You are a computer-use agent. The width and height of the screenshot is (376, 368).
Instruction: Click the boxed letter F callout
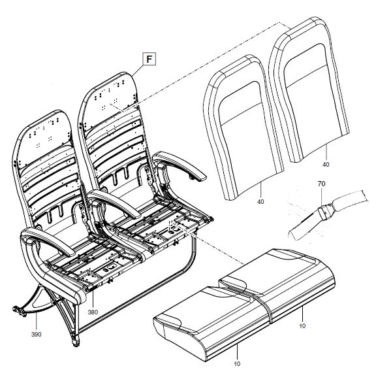click(x=149, y=59)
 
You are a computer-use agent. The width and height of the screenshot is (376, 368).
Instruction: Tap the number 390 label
click(x=36, y=335)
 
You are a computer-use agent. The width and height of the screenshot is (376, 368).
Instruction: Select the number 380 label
click(x=93, y=312)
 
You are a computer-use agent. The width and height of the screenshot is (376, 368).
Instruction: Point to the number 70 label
click(x=321, y=184)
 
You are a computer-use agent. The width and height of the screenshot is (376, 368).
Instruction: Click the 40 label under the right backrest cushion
click(x=326, y=165)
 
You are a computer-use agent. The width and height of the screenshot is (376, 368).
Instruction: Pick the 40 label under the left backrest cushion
click(x=260, y=201)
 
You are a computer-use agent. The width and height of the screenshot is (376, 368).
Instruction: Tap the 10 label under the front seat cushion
click(x=237, y=364)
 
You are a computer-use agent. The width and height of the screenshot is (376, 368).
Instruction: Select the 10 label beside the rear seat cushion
click(x=302, y=326)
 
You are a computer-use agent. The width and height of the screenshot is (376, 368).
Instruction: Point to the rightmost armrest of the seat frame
click(x=180, y=165)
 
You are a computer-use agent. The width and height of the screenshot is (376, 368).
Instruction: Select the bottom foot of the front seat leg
click(x=76, y=342)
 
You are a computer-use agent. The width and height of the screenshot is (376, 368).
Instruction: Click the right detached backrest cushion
click(x=309, y=89)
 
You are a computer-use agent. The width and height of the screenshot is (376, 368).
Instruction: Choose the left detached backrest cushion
click(x=243, y=127)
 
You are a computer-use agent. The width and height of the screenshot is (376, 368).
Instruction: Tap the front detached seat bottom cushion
click(x=211, y=322)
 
